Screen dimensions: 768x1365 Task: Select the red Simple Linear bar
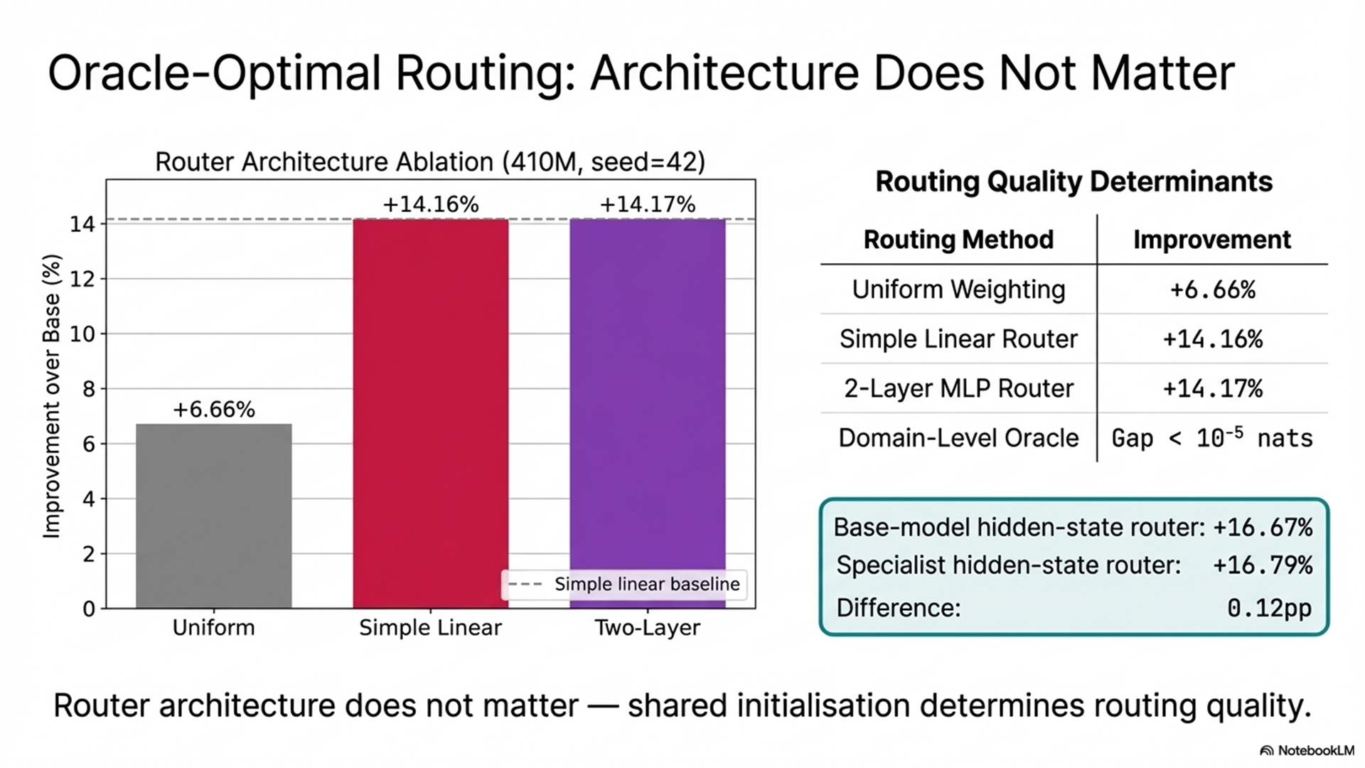coord(431,412)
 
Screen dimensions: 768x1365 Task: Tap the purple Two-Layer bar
coord(647,398)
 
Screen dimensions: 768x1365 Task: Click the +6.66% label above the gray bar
coord(213,410)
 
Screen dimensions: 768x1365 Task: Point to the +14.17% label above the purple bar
coord(647,205)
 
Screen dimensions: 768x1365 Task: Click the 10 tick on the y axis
coord(83,334)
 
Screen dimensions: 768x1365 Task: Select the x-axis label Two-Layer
coord(647,628)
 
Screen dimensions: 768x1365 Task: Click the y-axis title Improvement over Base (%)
coord(52,396)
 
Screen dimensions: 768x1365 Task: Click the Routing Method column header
coord(958,240)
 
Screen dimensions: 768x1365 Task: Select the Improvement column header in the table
coord(1211,240)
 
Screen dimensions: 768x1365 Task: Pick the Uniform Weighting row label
coord(958,289)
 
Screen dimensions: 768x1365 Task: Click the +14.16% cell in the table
coord(1212,339)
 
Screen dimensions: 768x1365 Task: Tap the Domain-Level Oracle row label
coord(958,438)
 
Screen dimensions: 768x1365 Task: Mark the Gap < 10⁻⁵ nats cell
coord(1211,438)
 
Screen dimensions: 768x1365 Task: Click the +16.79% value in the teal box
coord(1262,565)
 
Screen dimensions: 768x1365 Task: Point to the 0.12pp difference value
coord(1269,608)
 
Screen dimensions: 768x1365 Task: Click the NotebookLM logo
coord(1307,750)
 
